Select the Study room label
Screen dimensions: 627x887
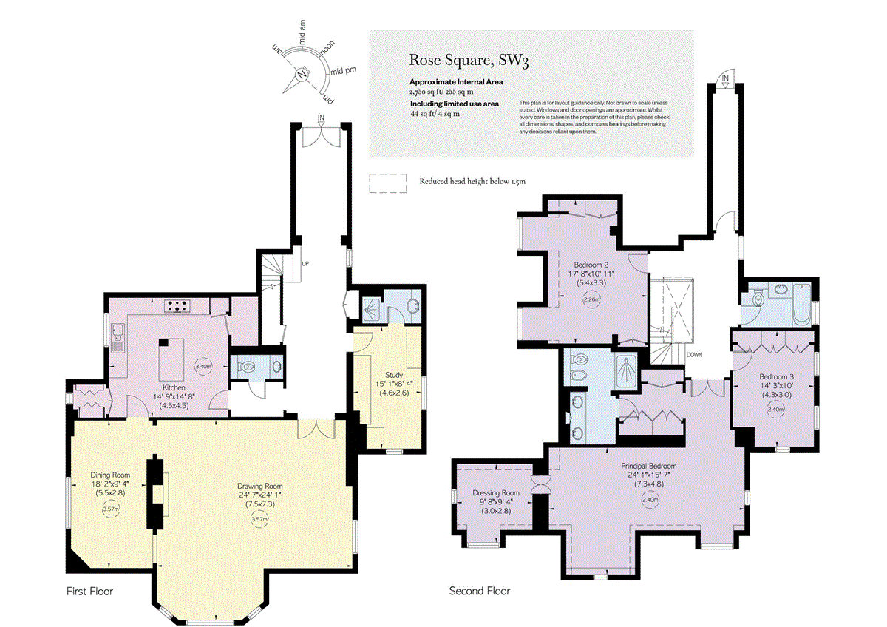pos(394,375)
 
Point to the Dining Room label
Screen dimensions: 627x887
pos(110,475)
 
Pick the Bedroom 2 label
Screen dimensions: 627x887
pos(591,264)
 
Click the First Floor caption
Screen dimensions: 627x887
pos(88,592)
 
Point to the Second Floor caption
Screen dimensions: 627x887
pos(480,592)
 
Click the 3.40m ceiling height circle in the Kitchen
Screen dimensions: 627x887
pos(203,365)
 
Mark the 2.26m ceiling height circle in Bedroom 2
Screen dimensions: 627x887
pos(591,300)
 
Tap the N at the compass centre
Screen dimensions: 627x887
pos(302,74)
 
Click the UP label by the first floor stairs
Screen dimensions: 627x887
pos(304,264)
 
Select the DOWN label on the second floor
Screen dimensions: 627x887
pos(694,355)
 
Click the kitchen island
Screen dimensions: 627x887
pos(170,357)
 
